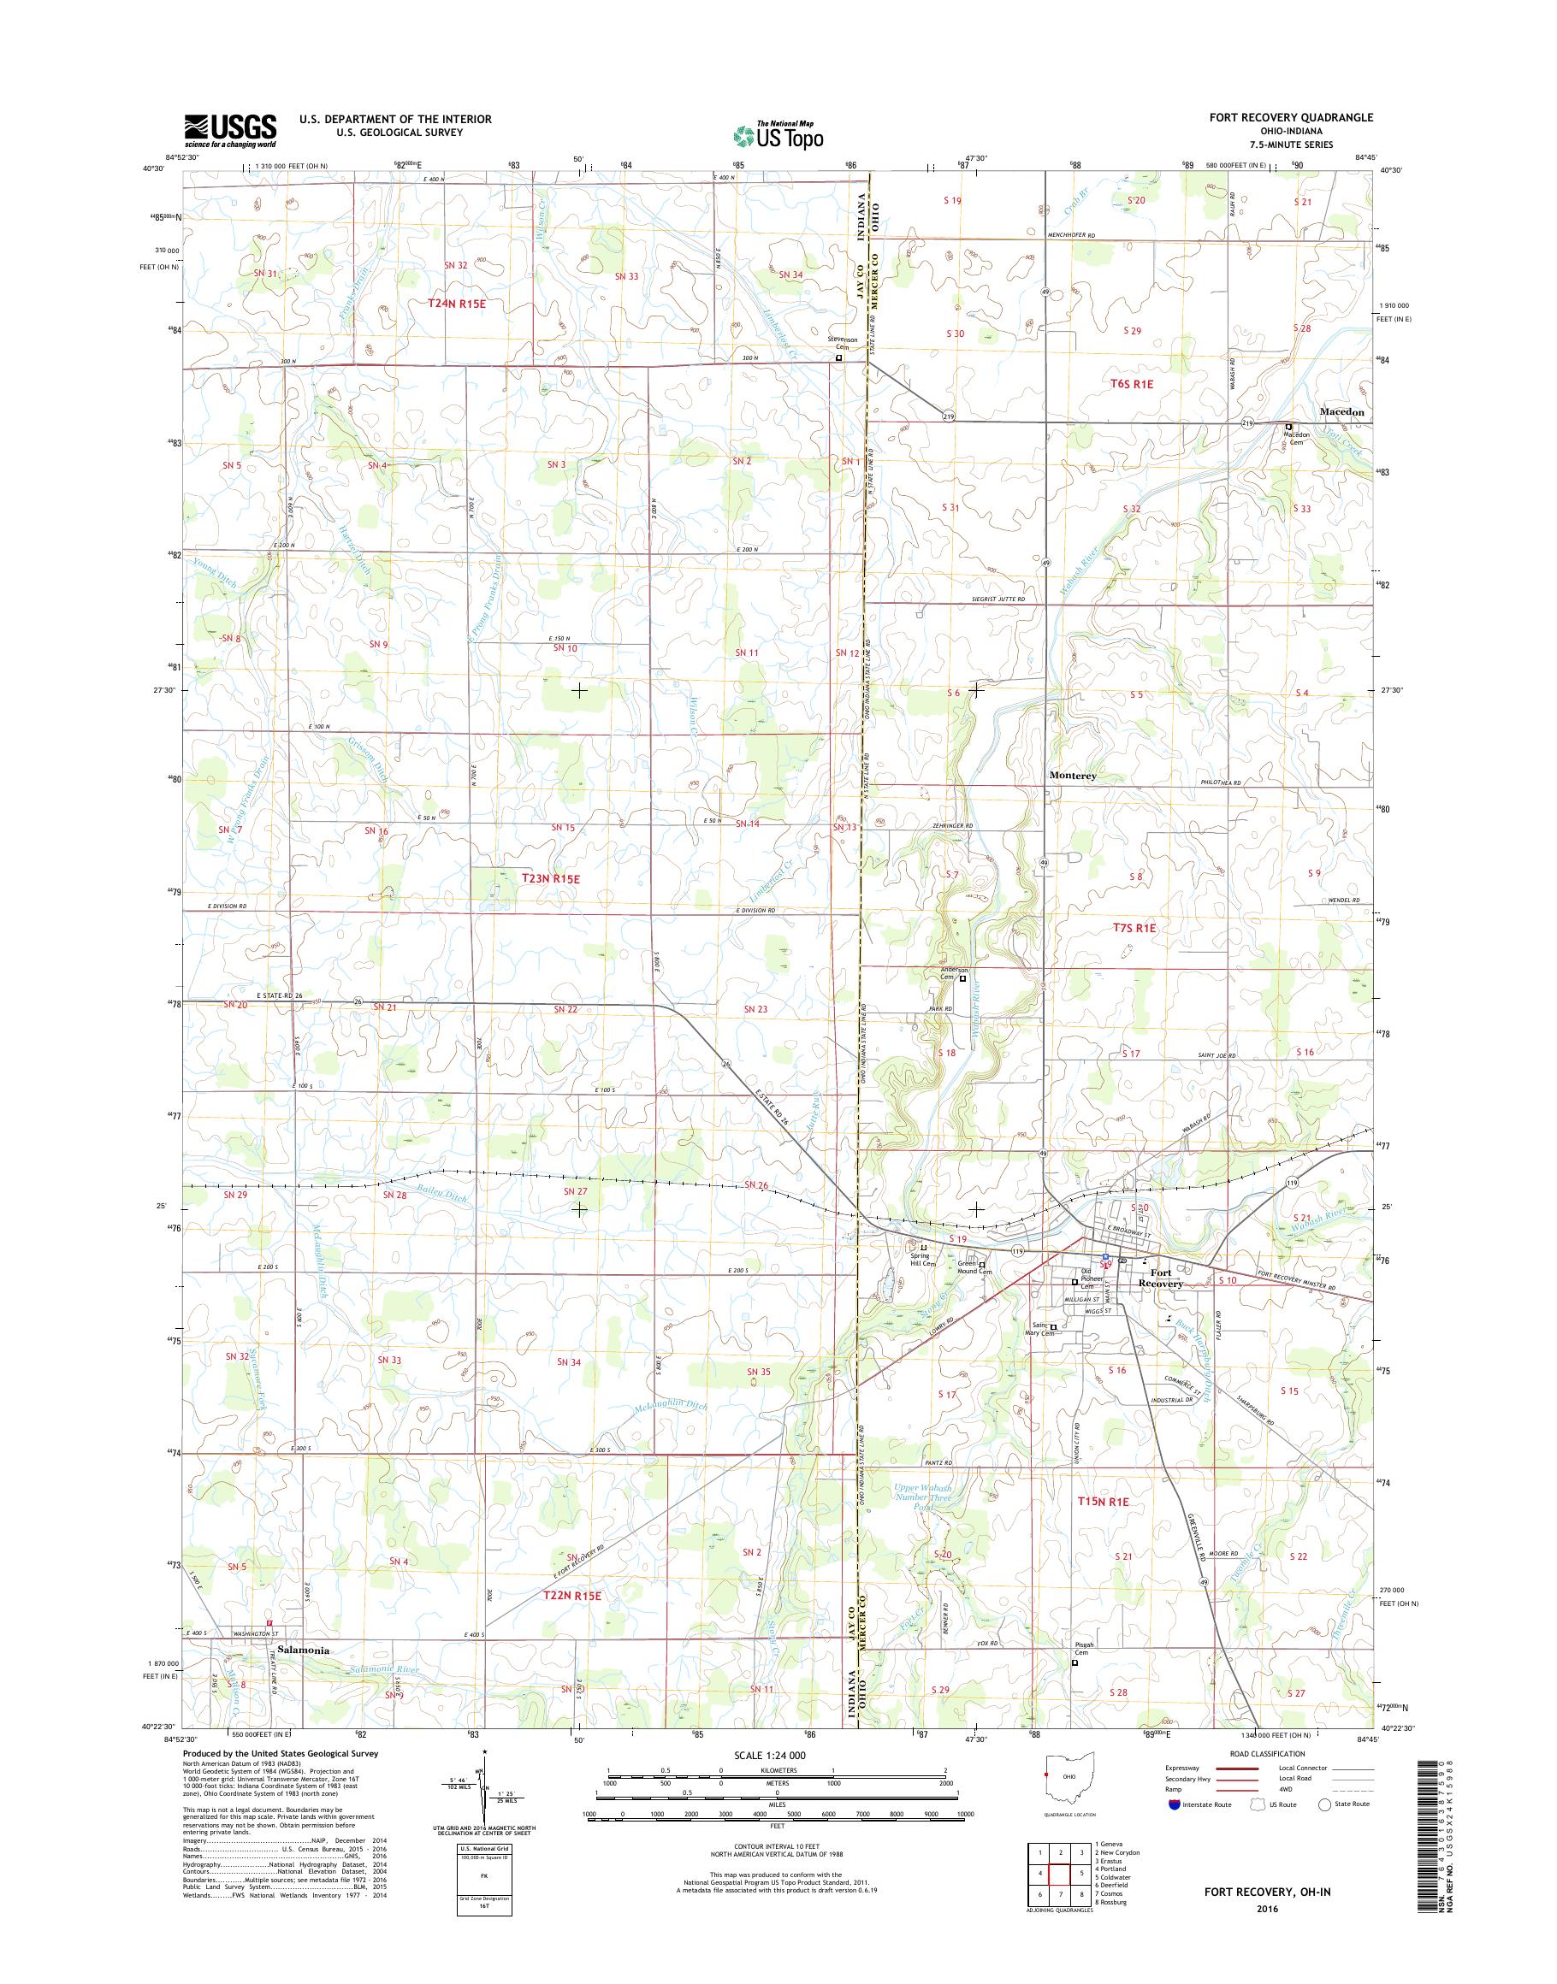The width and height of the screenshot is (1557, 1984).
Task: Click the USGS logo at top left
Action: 230,130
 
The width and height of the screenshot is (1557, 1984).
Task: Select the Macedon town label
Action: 1342,412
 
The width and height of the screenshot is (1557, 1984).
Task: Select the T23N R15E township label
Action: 539,879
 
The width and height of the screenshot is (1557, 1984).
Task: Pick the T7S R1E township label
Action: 1134,928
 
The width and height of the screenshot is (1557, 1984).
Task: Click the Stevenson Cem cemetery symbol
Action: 838,358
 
